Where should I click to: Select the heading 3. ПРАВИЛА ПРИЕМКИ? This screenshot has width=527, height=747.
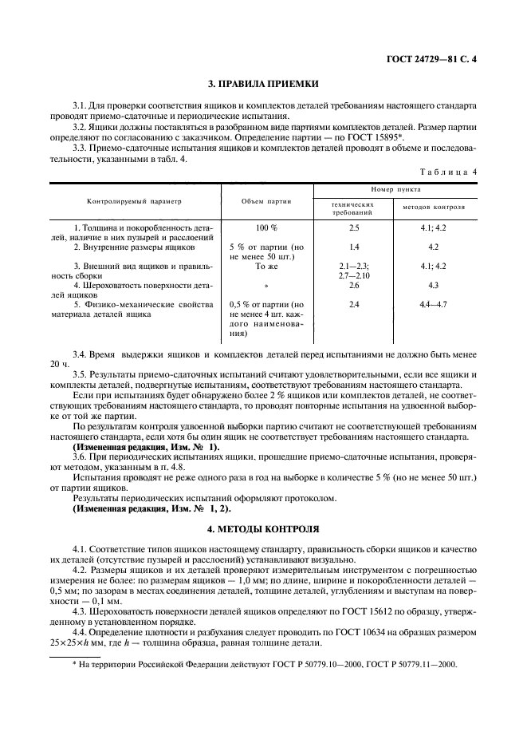point(263,83)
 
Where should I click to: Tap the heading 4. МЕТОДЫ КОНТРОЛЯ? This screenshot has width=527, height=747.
point(263,528)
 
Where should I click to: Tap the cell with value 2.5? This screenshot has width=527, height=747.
point(354,228)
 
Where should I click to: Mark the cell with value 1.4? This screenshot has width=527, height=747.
point(354,247)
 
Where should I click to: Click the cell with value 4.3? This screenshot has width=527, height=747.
point(435,285)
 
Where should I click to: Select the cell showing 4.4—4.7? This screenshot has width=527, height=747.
point(435,304)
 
